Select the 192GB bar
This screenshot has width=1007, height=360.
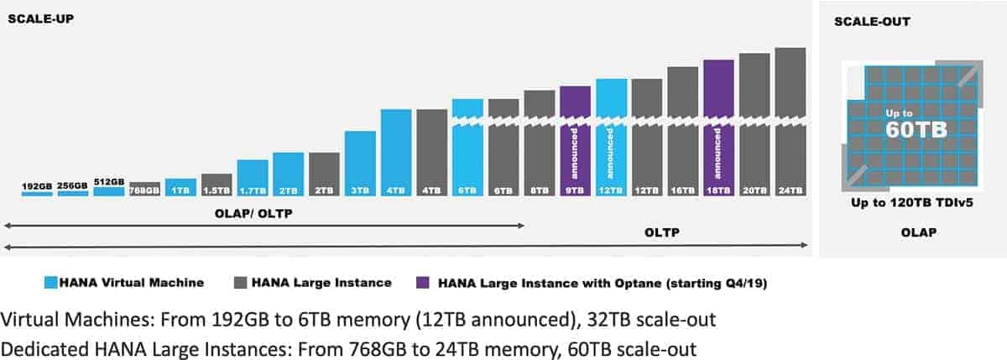(x=37, y=193)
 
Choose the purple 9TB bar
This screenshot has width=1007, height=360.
(x=575, y=141)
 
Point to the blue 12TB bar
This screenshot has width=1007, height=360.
(x=611, y=138)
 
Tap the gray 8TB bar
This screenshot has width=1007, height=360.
(x=540, y=143)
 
